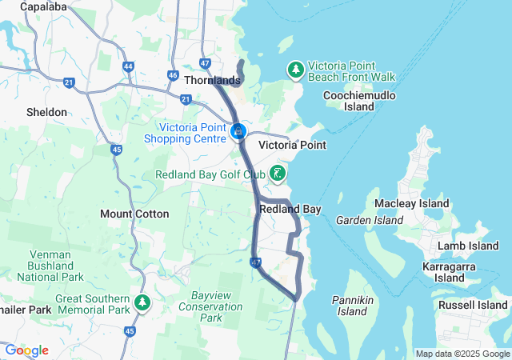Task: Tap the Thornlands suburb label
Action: pos(212,81)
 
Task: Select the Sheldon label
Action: pos(46,113)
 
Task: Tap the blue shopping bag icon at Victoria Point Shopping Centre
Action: pos(238,130)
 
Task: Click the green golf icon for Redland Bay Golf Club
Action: pos(277,174)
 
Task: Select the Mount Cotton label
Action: pos(134,214)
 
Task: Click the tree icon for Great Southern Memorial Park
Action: pos(142,302)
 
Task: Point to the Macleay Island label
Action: pos(412,204)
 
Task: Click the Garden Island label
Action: pos(370,220)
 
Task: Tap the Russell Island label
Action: pos(472,305)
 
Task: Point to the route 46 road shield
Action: pos(173,75)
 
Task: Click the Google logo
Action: pos(26,350)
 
